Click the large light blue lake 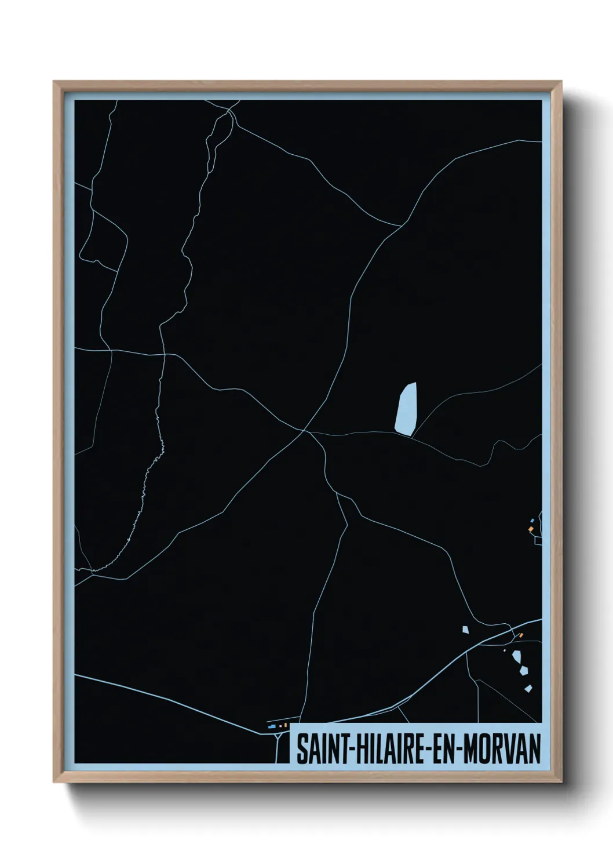tap(406, 409)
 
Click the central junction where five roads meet tap(305, 431)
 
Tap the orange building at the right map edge tap(530, 529)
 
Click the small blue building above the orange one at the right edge tap(532, 521)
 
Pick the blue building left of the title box tap(271, 726)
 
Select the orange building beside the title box tap(286, 725)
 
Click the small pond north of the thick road tap(465, 629)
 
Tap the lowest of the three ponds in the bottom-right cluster tap(528, 689)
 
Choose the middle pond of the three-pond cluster tap(523, 670)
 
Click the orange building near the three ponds tap(521, 636)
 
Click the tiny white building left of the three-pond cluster tap(504, 650)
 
